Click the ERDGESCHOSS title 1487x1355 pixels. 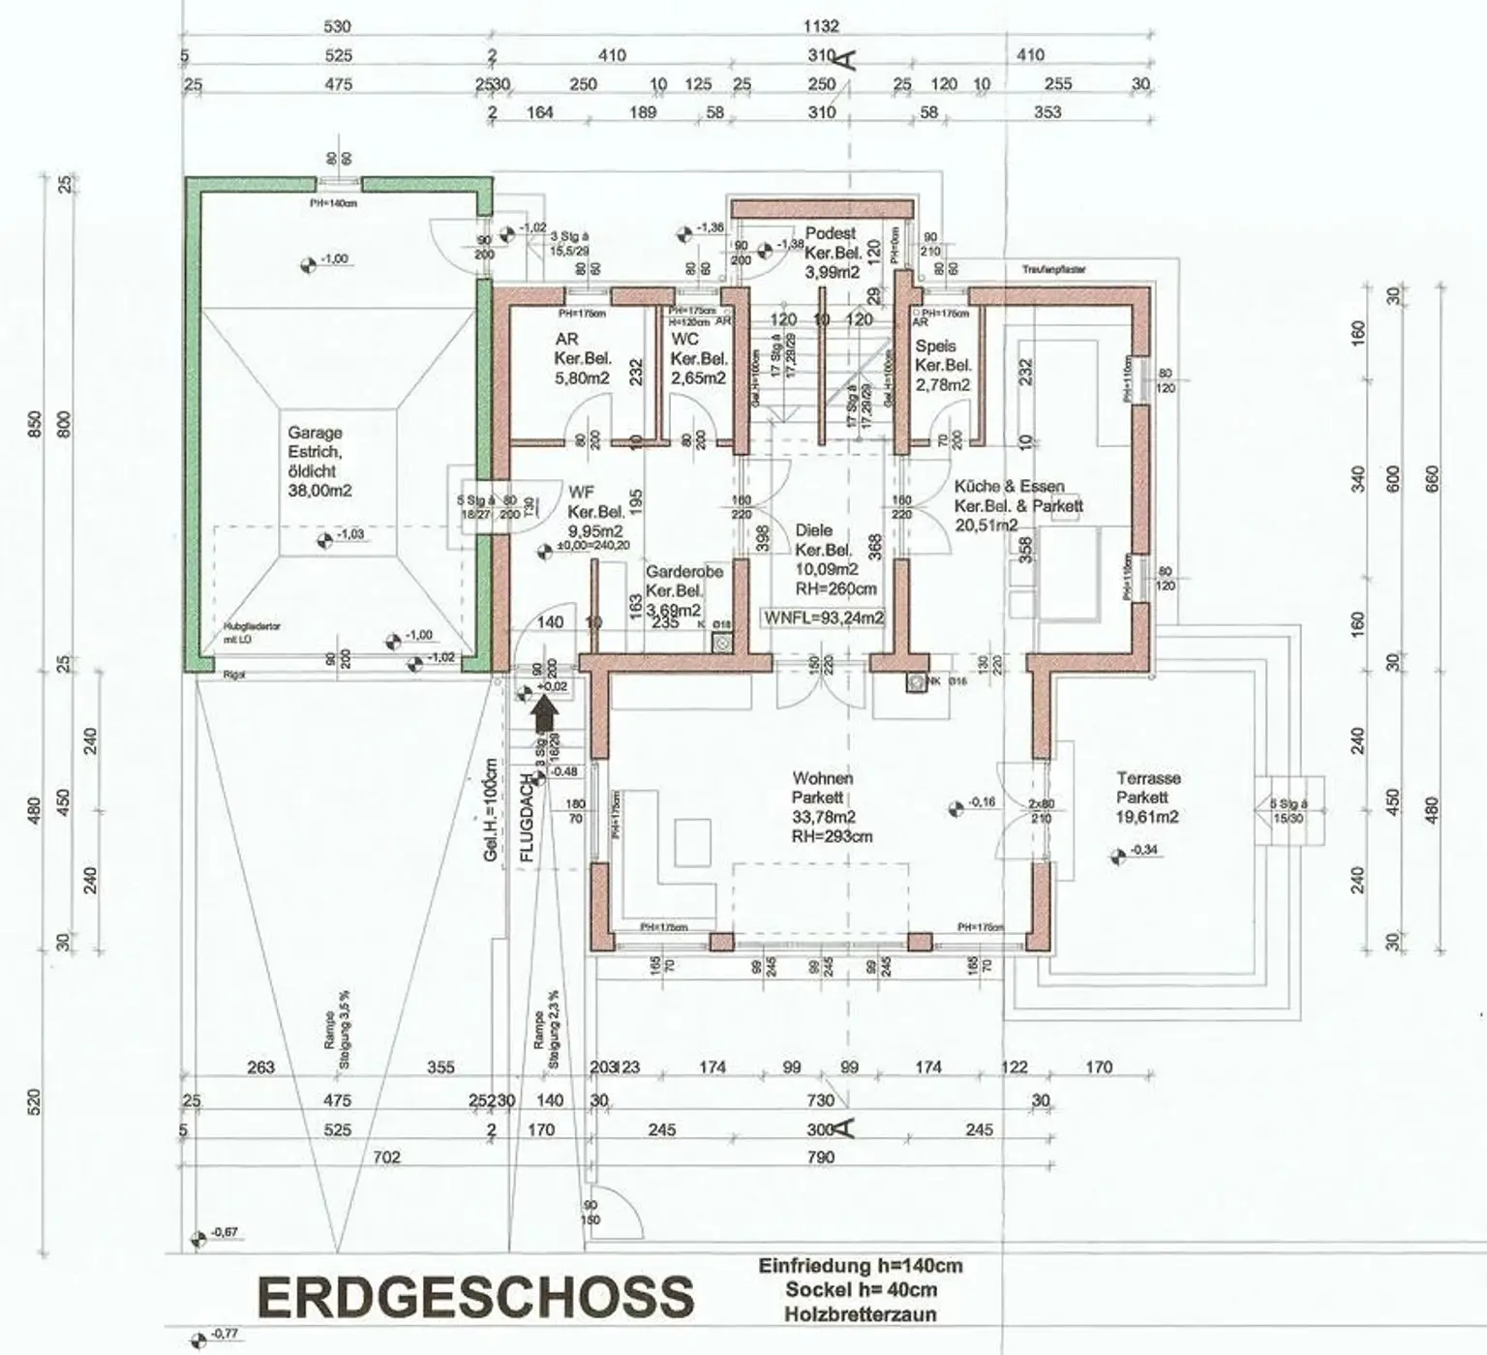[475, 1297]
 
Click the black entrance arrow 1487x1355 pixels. [546, 714]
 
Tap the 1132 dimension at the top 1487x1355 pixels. [820, 26]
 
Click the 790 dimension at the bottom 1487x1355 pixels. [820, 1157]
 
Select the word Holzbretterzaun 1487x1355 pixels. [861, 1313]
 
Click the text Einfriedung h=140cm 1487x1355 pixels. [861, 1265]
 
